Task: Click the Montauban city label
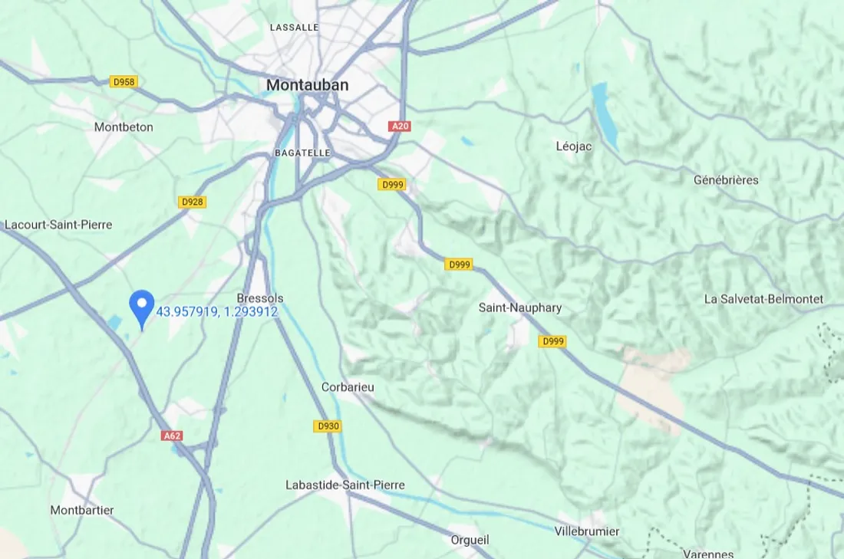[307, 85]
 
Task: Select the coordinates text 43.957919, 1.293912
[216, 312]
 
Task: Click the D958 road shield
[124, 81]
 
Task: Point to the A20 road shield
[399, 127]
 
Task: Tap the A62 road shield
[172, 436]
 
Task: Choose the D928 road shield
[192, 202]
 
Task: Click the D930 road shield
[328, 426]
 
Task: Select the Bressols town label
[260, 298]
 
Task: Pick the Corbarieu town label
[348, 387]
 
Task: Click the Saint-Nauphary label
[520, 307]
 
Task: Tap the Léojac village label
[574, 146]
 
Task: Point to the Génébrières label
[726, 180]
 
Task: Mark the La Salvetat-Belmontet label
[763, 299]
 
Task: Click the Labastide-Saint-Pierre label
[345, 485]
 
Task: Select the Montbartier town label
[82, 510]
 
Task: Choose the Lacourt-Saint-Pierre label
[58, 225]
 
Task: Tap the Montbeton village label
[124, 127]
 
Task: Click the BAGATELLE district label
[302, 153]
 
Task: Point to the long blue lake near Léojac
[605, 115]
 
